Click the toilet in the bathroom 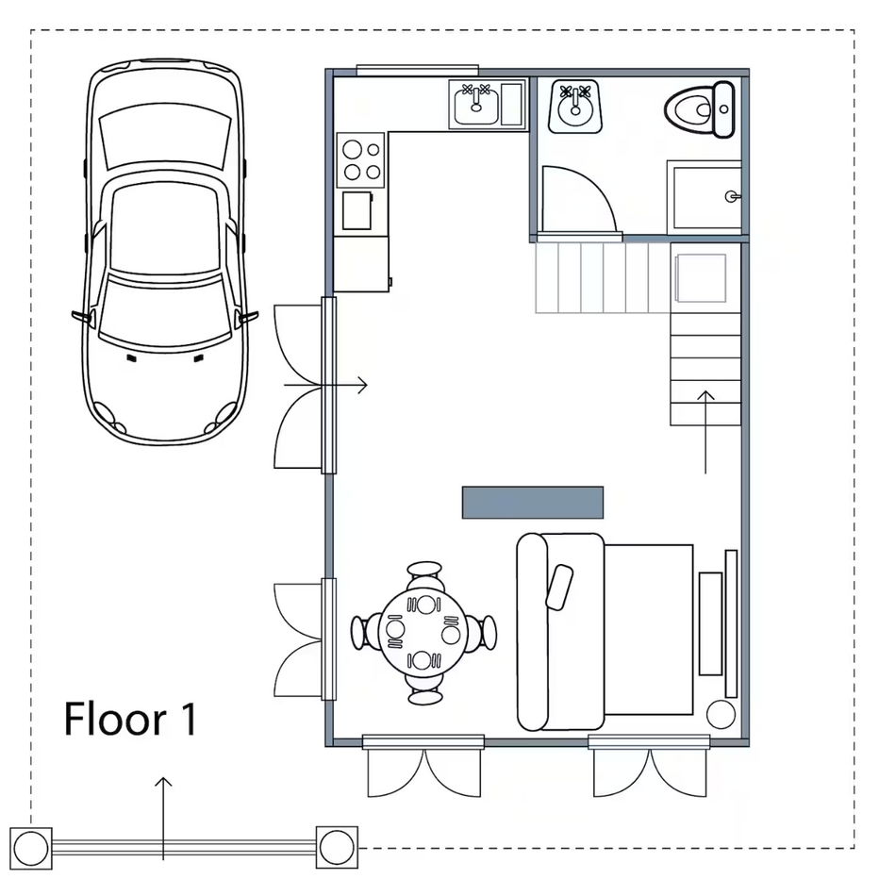click(699, 109)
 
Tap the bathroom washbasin click(575, 107)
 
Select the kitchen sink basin click(476, 106)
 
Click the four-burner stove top click(360, 159)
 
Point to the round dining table click(423, 633)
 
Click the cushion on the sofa click(559, 587)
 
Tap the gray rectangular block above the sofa click(533, 503)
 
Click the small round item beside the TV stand click(721, 714)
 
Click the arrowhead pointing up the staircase click(705, 396)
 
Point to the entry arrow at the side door click(325, 385)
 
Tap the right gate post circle click(337, 846)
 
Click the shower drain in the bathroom click(731, 196)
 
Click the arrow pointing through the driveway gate click(163, 818)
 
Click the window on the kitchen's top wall click(418, 70)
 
